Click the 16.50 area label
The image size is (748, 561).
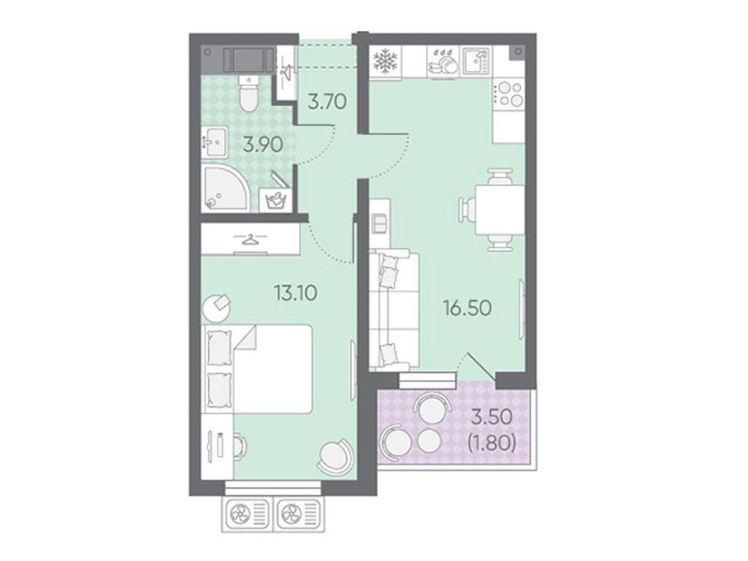pos(467,309)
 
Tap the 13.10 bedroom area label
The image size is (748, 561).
pos(295,292)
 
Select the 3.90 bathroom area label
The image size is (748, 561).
pos(263,144)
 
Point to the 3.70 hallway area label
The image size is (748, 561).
pos(327,102)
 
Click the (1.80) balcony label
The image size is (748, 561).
pos(492,444)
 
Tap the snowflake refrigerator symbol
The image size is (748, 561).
pos(384,61)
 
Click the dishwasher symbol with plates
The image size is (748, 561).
pos(442,61)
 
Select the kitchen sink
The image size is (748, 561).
pos(476,61)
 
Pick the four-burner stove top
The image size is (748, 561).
pos(509,94)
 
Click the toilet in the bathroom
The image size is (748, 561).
pos(248,93)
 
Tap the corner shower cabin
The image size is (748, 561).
pos(226,188)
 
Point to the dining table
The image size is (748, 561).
pos(500,210)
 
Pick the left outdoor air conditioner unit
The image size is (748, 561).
pos(248,514)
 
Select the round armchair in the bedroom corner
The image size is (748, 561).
pos(336,457)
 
